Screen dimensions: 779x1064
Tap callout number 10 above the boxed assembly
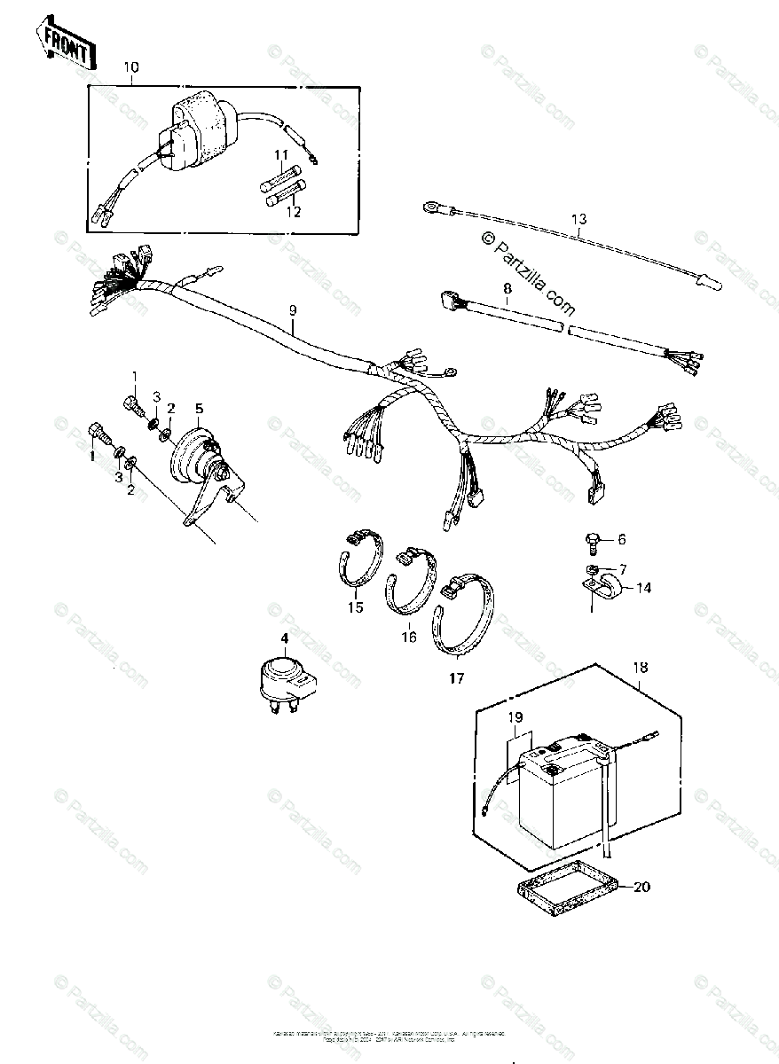click(x=131, y=67)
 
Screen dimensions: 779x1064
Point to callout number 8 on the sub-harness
click(x=508, y=288)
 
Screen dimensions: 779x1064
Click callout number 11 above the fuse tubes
click(x=281, y=155)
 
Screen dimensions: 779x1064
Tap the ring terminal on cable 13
click(x=433, y=207)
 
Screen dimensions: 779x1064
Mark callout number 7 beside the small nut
click(x=622, y=568)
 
